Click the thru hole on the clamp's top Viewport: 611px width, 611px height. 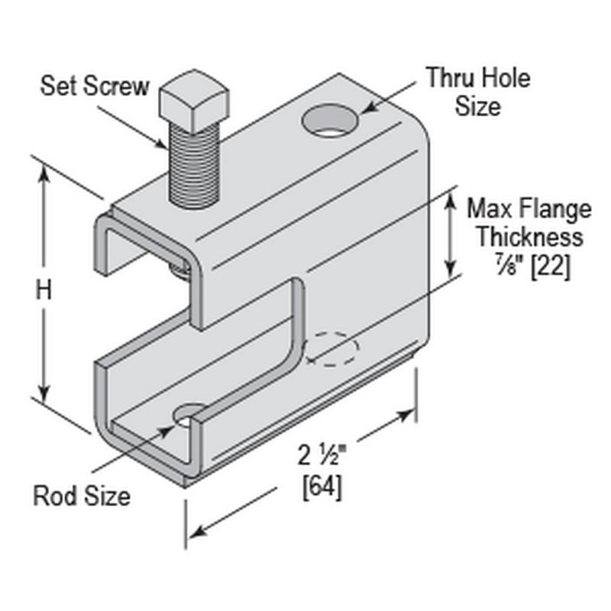coord(331,121)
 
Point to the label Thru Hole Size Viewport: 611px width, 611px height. coord(477,91)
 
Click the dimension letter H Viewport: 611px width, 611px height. coord(45,289)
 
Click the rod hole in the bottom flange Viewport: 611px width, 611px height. coord(188,416)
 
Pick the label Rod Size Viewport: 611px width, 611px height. coord(82,496)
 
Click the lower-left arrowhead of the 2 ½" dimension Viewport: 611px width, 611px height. coord(200,530)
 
